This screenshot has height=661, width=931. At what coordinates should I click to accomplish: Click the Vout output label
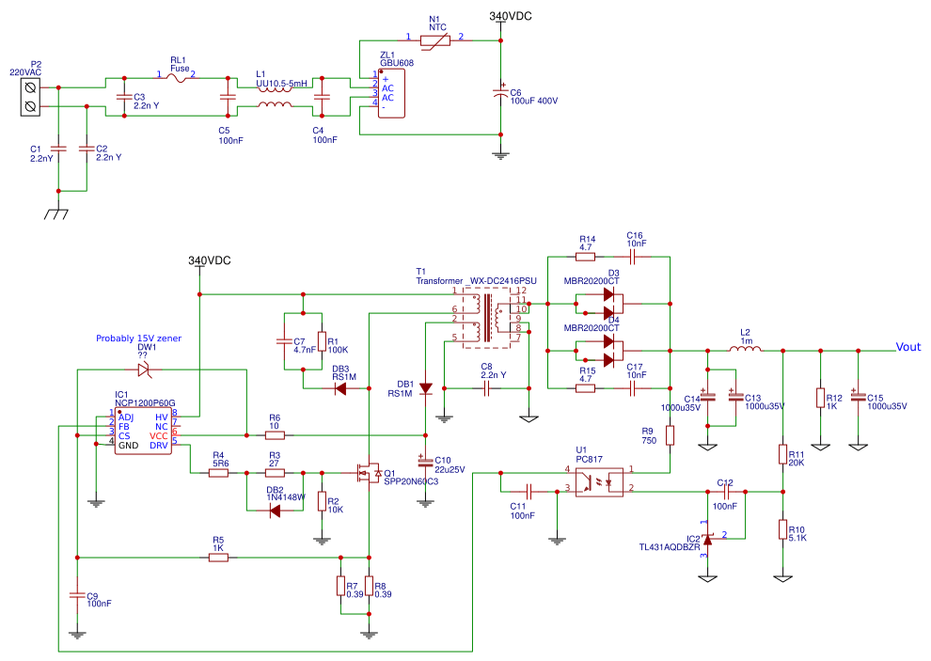pyautogui.click(x=907, y=346)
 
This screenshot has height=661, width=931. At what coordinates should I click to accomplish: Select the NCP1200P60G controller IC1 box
pyautogui.click(x=143, y=432)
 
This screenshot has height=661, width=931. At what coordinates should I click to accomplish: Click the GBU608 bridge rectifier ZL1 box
pyautogui.click(x=391, y=92)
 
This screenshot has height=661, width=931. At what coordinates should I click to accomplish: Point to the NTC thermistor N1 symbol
pyautogui.click(x=434, y=40)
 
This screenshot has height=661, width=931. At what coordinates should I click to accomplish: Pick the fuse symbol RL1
pyautogui.click(x=178, y=78)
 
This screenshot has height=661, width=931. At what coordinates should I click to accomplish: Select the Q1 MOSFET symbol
pyautogui.click(x=368, y=473)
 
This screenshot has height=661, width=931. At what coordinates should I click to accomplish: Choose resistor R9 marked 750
pyautogui.click(x=671, y=435)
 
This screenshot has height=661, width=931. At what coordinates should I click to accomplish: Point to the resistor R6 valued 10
pyautogui.click(x=275, y=435)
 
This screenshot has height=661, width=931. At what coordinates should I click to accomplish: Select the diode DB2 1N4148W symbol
pyautogui.click(x=275, y=511)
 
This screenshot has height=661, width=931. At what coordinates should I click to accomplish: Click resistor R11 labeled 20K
pyautogui.click(x=782, y=455)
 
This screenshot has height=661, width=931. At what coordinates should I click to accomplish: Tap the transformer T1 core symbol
pyautogui.click(x=490, y=317)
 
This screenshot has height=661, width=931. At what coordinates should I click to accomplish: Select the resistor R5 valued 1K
pyautogui.click(x=218, y=558)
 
